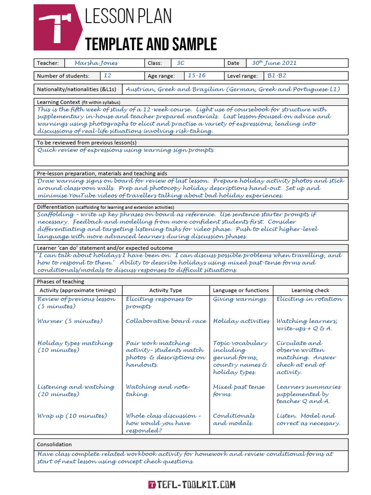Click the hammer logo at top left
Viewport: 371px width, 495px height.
[x=55, y=28]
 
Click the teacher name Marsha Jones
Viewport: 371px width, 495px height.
[x=96, y=63]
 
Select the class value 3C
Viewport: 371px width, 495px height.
[x=181, y=63]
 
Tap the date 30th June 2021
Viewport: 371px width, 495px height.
[x=274, y=63]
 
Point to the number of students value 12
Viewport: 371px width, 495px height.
[x=107, y=76]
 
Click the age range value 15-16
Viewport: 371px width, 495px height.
[x=197, y=76]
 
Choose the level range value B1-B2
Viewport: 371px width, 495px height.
[x=277, y=76]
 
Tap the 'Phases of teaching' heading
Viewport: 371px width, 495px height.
[x=60, y=281]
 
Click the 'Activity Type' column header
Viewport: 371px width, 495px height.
[x=166, y=291]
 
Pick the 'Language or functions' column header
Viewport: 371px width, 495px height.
[x=241, y=291]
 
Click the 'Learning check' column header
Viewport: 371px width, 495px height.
[x=310, y=291]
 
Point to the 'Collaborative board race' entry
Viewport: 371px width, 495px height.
[x=166, y=321]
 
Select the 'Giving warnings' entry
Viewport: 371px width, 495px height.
[x=240, y=299]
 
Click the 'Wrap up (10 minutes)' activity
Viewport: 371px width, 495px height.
[x=72, y=416]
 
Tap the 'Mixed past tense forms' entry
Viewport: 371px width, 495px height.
[x=239, y=391]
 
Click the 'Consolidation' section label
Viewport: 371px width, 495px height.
[x=55, y=444]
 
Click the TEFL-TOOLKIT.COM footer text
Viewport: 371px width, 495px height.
[x=192, y=484]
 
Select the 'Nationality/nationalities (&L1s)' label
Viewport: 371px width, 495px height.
[x=77, y=89]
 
